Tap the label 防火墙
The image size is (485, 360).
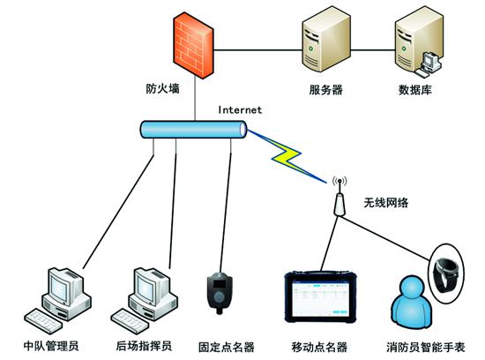tap(163, 89)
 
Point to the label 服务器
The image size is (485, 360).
tap(325, 89)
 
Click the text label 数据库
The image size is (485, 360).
tap(417, 89)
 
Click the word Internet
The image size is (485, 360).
tap(239, 110)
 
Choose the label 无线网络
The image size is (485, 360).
tap(387, 201)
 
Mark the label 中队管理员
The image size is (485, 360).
tap(52, 345)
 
